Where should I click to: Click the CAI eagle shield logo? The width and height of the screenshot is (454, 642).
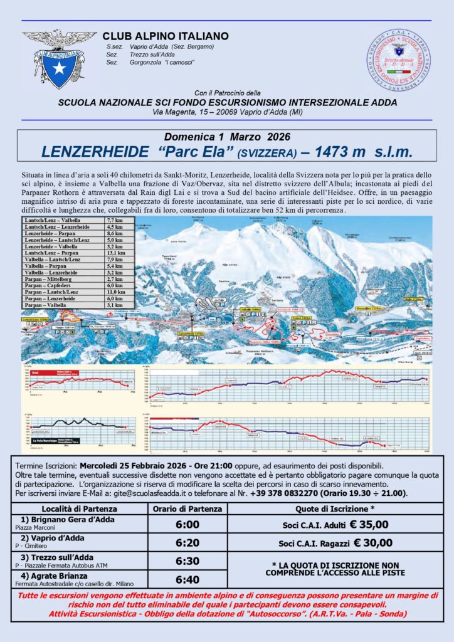(59, 58)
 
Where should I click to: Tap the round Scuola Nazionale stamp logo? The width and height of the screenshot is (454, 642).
(398, 59)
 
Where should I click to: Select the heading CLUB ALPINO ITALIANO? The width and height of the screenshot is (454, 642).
(166, 37)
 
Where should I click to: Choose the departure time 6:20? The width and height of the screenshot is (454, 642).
(189, 543)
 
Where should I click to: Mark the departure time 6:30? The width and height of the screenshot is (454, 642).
(189, 562)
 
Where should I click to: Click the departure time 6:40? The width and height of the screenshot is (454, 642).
(189, 580)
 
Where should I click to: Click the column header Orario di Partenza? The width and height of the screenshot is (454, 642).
(189, 508)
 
